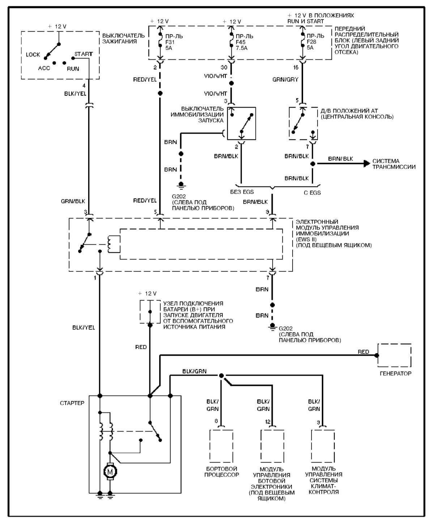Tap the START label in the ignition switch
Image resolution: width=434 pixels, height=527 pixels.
tap(84, 54)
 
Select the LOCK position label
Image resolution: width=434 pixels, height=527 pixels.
tap(33, 55)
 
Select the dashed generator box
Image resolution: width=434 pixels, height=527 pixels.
tap(394, 355)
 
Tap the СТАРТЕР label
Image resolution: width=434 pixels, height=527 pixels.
tap(72, 403)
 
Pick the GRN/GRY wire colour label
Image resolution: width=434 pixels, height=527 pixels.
tap(285, 80)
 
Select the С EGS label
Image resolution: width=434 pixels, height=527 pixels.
tap(312, 192)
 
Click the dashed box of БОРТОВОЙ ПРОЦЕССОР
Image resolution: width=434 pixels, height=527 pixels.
tap(221, 446)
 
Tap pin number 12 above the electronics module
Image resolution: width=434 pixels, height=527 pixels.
tap(268, 422)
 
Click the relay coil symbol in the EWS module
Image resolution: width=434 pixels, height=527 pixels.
tap(113, 244)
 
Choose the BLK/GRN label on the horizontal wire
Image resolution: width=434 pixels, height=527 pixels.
tap(194, 371)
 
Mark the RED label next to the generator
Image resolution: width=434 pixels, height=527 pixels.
tap(363, 352)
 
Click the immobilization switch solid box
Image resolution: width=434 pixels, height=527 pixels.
tap(241, 123)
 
